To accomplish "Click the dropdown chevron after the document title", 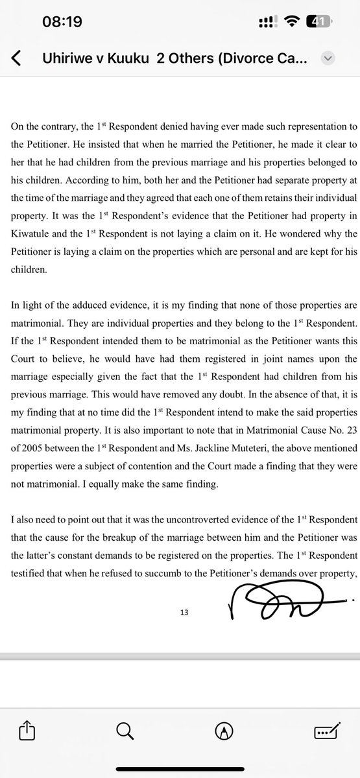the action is [328, 58].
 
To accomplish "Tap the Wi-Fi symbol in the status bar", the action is [294, 21].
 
